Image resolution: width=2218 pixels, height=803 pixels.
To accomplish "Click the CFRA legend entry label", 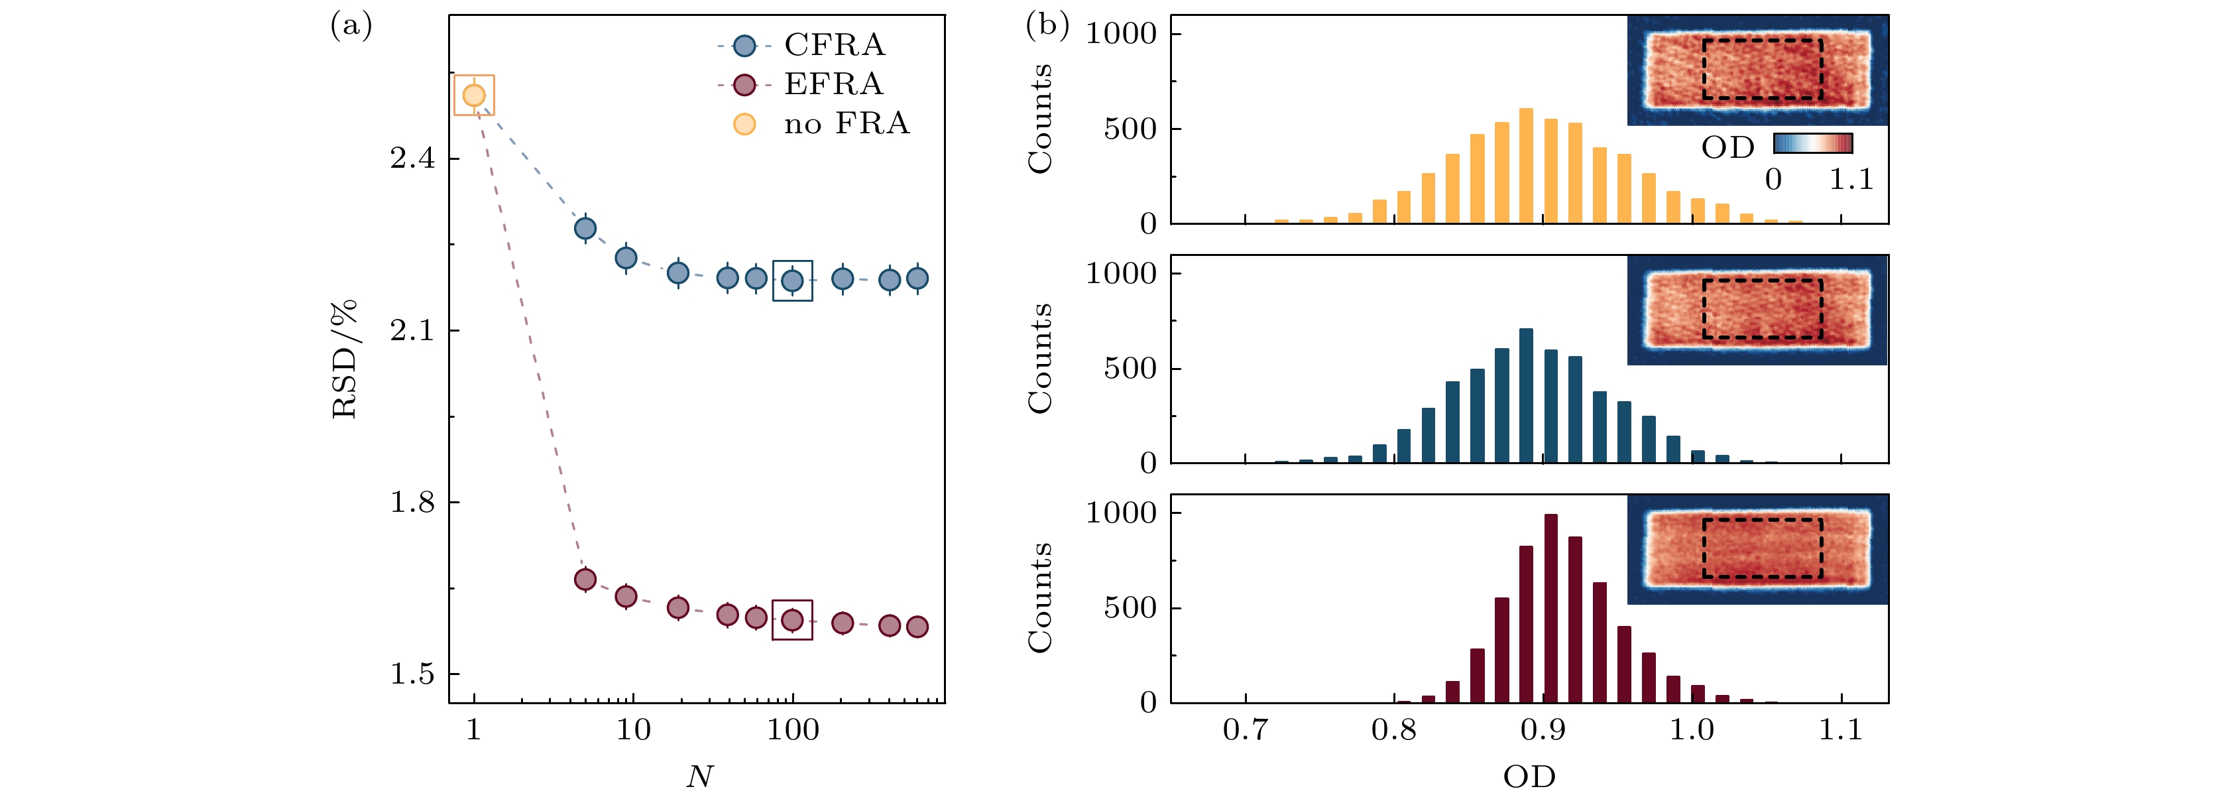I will [x=833, y=45].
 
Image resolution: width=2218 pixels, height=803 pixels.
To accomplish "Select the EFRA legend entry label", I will [x=833, y=84].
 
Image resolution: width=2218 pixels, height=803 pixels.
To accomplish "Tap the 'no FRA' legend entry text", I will [x=846, y=124].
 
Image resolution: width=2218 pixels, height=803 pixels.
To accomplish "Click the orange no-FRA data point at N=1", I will [x=473, y=95].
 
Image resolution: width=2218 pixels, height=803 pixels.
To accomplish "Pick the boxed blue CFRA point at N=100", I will [x=792, y=280].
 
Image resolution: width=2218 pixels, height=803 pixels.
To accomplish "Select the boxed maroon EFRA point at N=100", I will [x=792, y=619].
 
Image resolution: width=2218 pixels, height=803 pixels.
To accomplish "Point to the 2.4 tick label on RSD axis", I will [x=412, y=158].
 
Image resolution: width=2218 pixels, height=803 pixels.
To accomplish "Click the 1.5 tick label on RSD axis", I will [x=412, y=674].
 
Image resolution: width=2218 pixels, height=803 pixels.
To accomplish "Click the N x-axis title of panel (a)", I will [x=699, y=777].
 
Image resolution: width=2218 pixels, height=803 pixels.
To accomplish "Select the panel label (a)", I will [x=351, y=26].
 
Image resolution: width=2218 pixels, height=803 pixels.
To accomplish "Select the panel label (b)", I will [x=1047, y=26].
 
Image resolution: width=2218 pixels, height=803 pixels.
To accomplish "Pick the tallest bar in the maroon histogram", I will [x=1550, y=608].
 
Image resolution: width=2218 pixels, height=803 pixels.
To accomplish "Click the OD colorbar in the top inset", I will [x=1812, y=143].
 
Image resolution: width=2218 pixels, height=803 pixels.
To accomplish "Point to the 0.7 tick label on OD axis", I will [x=1245, y=731].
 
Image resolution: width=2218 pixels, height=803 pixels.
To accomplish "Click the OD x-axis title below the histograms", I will [x=1529, y=777].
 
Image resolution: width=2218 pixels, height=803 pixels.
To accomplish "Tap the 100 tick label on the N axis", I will [x=792, y=731].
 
